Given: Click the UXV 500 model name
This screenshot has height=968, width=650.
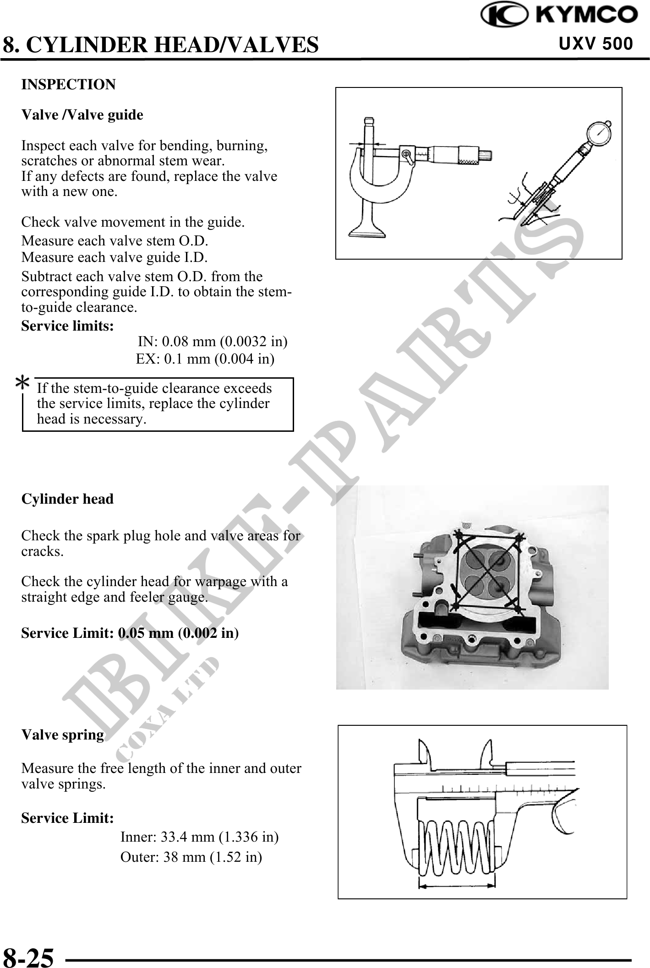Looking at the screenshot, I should (595, 44).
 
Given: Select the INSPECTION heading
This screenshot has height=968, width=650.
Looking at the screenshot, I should (69, 85).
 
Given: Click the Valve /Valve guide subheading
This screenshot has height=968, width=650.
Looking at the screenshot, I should (82, 115).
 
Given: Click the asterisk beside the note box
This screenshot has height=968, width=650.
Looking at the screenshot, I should (22, 383).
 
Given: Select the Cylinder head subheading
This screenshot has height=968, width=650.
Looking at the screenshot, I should (67, 499).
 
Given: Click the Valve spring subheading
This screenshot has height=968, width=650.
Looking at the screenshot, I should (63, 734).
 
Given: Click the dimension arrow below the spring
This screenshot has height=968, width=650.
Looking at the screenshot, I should (457, 886).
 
